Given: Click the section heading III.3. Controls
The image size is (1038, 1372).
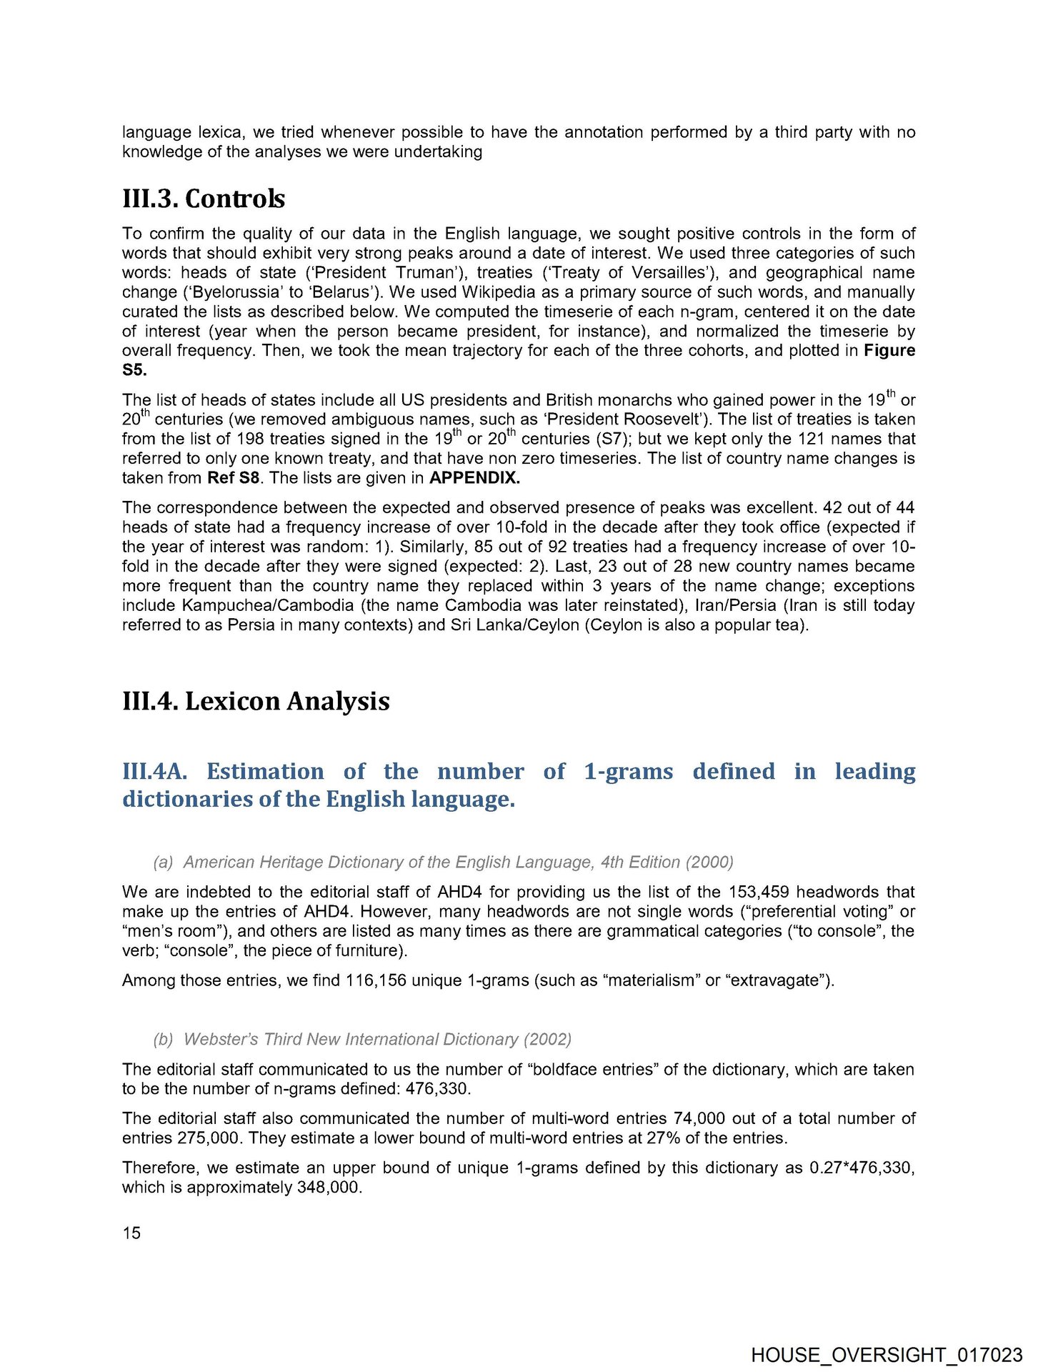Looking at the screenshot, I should (204, 199).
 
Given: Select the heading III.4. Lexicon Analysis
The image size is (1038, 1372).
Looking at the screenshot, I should (256, 701).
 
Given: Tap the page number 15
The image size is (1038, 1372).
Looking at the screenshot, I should (131, 1233).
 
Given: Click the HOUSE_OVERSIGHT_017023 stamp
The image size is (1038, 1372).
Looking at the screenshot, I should (887, 1355).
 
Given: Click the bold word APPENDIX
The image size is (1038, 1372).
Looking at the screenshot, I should (474, 478).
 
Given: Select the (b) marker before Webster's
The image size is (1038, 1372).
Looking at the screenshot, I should (163, 1039).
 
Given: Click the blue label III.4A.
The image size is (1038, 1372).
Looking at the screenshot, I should (154, 772).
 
